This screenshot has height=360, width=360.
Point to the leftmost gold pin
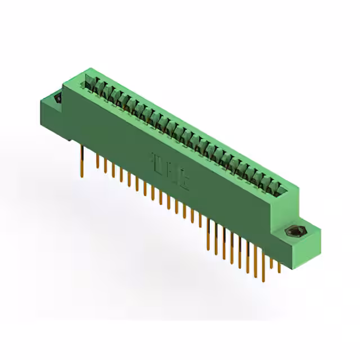coord(83,152)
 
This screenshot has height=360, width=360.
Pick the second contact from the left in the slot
coord(96,88)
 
